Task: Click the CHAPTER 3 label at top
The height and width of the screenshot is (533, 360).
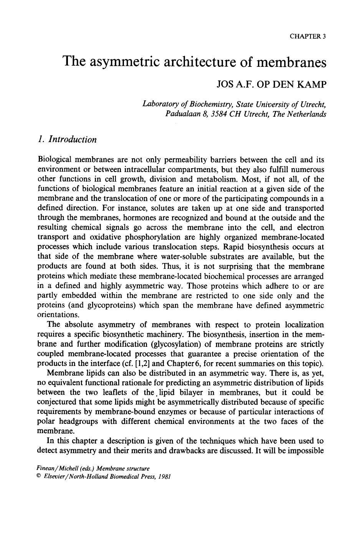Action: click(x=308, y=36)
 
